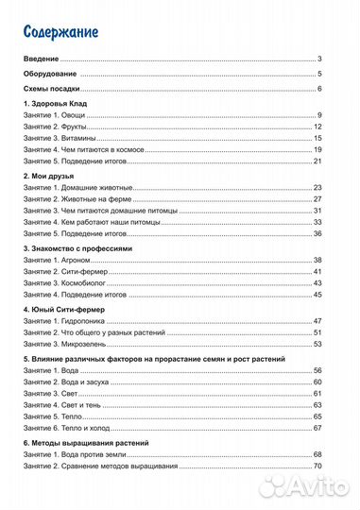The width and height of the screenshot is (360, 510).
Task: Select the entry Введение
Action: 42,59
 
